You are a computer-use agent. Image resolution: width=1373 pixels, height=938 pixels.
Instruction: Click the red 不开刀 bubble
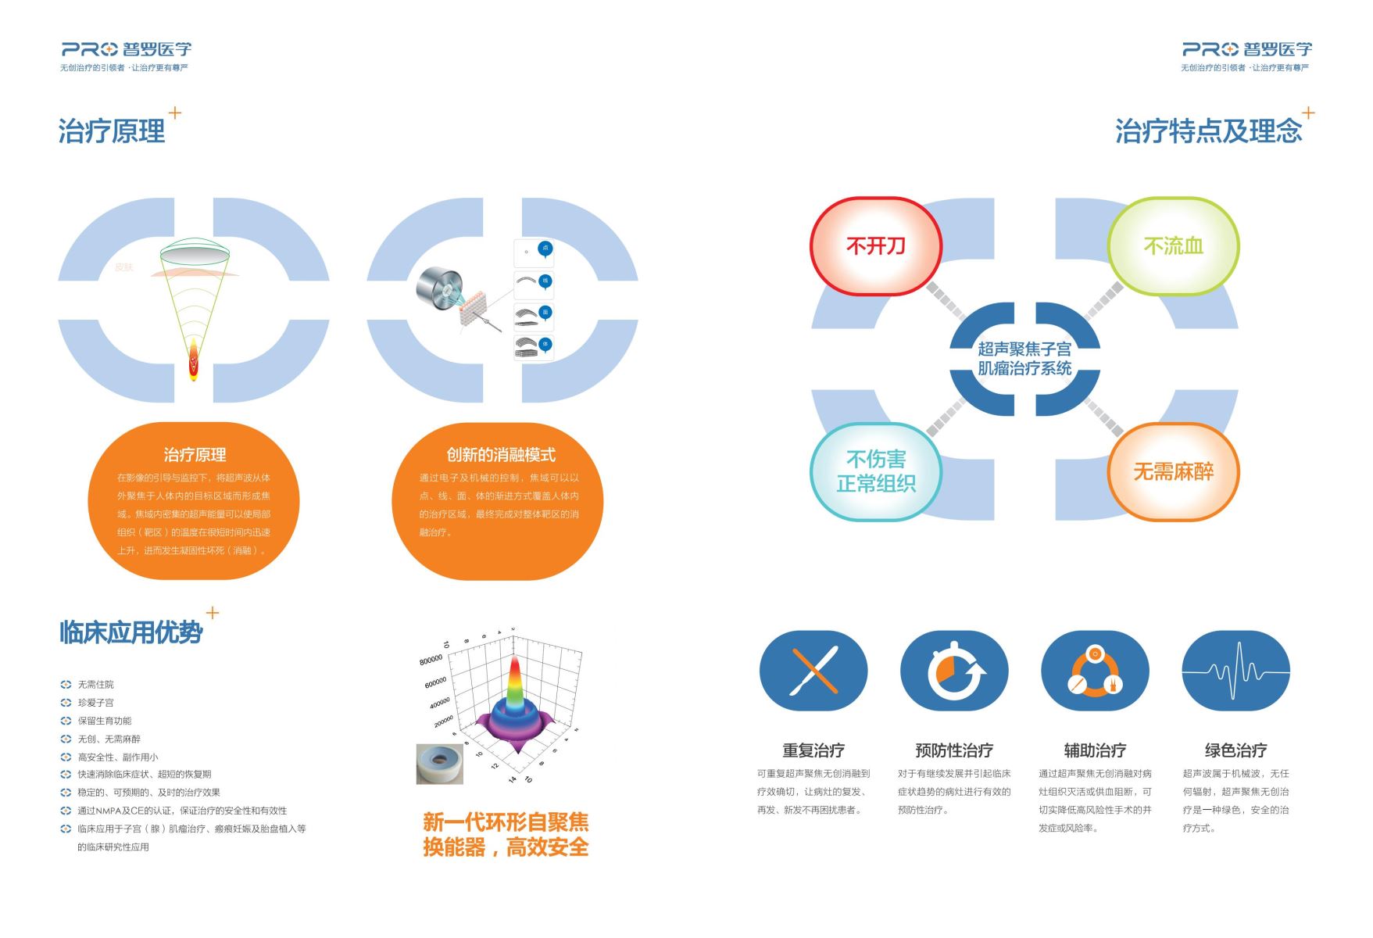tap(875, 246)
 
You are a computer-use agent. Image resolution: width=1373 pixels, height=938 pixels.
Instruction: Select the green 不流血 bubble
tap(1173, 246)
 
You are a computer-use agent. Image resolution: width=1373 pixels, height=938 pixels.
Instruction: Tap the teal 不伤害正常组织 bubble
tap(875, 471)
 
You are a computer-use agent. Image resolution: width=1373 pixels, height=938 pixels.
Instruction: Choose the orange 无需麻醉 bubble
tap(1173, 471)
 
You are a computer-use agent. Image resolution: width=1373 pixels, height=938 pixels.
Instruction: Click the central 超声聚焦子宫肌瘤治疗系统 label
tap(1024, 359)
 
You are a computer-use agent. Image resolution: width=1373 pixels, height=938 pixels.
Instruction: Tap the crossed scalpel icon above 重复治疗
tap(813, 671)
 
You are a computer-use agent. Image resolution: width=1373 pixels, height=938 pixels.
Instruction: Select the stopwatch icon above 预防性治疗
tap(954, 671)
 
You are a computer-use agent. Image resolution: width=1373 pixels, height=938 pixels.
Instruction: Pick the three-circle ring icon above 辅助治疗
tap(1095, 671)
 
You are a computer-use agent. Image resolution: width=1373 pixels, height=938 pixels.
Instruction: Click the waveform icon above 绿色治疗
tap(1235, 671)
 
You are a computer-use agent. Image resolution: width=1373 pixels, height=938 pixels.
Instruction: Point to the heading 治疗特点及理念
tap(1208, 131)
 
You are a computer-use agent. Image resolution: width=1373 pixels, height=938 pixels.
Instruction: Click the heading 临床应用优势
tap(131, 632)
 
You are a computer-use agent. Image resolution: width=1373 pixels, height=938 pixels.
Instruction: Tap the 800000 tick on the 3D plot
tap(431, 661)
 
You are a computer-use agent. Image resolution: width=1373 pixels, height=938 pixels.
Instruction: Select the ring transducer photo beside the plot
tap(440, 764)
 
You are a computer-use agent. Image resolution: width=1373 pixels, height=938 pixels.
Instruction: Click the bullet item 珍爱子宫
tap(95, 703)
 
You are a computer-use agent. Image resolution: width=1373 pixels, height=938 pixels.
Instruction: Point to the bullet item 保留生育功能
tap(105, 721)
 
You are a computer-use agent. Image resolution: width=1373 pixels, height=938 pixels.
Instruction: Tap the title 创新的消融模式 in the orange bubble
tap(501, 455)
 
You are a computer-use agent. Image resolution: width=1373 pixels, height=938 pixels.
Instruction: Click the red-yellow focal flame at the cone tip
tap(194, 361)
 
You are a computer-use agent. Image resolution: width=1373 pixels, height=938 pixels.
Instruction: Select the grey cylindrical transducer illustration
tap(439, 288)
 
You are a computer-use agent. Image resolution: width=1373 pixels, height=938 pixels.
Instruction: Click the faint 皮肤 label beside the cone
tap(124, 267)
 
